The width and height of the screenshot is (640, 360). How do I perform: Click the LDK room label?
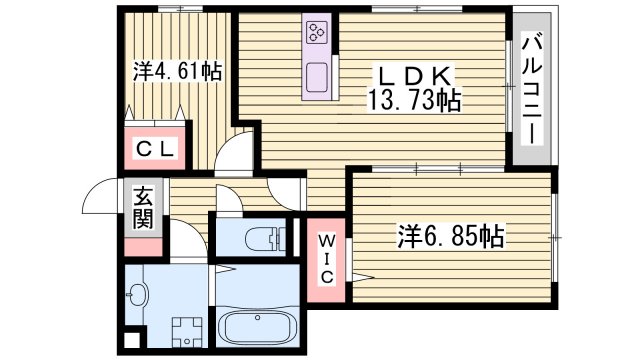coord(415,74)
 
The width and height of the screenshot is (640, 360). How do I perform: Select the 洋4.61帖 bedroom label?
coord(178,71)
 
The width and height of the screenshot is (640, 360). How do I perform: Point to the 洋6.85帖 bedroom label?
coord(451,237)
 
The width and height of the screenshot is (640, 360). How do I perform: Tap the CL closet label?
coord(156,150)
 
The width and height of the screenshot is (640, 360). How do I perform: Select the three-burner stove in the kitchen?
coord(319,33)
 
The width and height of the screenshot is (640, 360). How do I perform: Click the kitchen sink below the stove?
coord(319,77)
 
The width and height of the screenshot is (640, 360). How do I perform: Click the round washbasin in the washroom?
coord(138,294)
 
